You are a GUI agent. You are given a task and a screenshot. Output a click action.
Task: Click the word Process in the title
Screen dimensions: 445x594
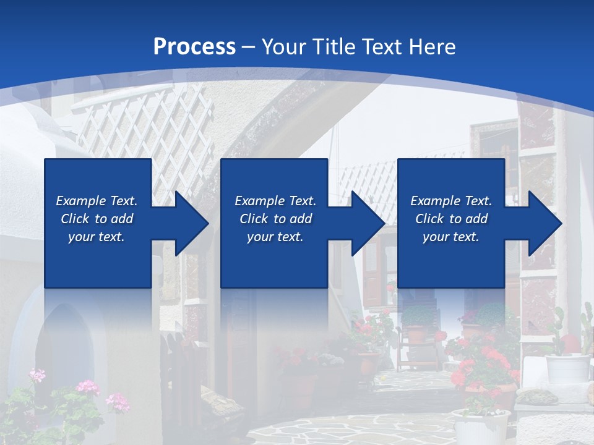click(x=194, y=47)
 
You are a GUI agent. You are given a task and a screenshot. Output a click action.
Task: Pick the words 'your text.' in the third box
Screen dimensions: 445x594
click(x=450, y=237)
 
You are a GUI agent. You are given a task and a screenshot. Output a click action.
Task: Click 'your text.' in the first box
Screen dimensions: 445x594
click(x=97, y=237)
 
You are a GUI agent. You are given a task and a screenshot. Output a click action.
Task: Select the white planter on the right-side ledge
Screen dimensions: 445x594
click(x=567, y=368)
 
